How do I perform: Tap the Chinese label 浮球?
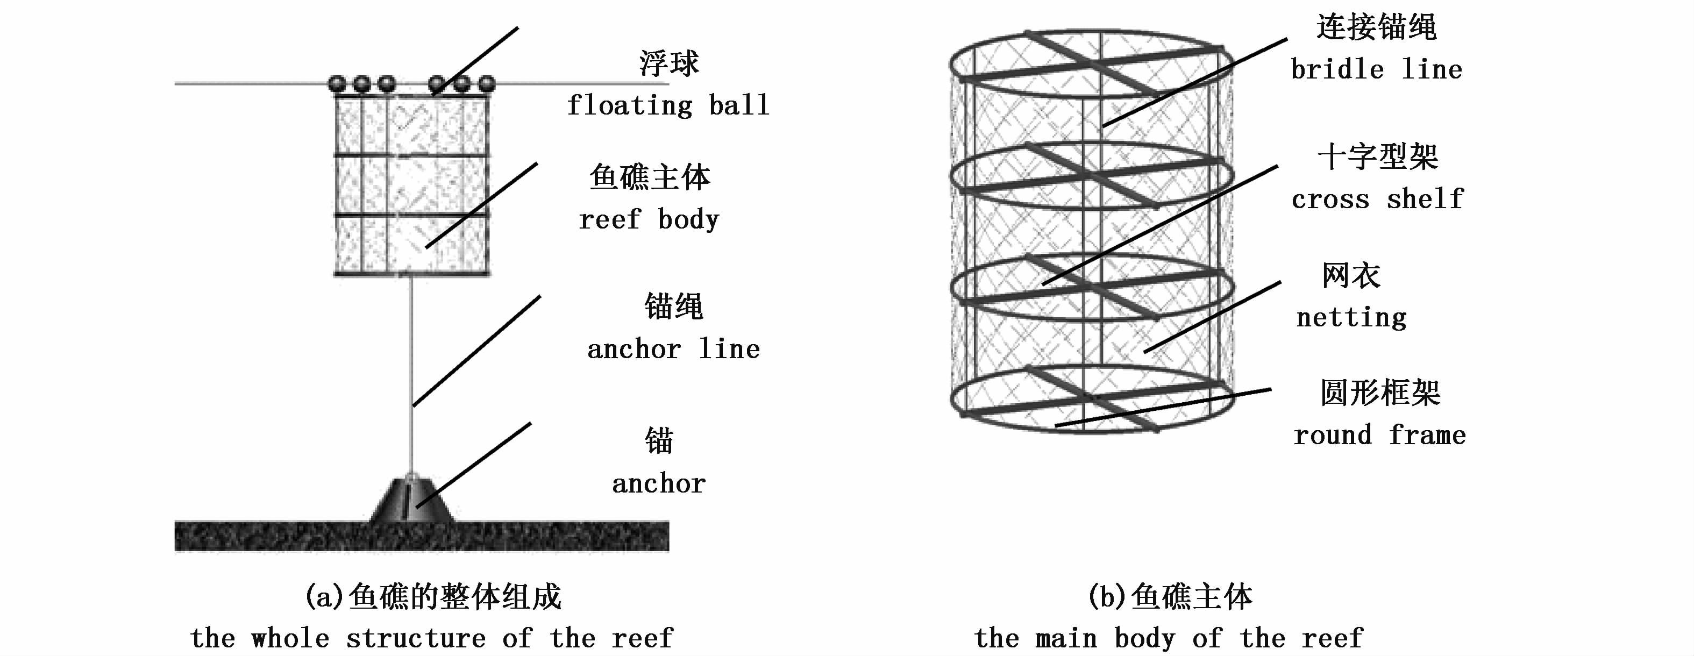[x=669, y=63]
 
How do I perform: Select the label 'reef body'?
[x=649, y=219]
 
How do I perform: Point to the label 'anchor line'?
[x=673, y=349]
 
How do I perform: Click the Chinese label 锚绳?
[x=673, y=306]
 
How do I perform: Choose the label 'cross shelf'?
[x=1377, y=199]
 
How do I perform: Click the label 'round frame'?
[x=1379, y=435]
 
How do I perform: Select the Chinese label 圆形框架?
[x=1380, y=393]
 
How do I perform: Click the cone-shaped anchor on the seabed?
[x=411, y=501]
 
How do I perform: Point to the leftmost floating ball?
[x=337, y=84]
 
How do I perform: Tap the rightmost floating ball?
[x=486, y=84]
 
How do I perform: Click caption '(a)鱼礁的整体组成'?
[x=433, y=597]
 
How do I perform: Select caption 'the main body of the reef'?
[x=1169, y=638]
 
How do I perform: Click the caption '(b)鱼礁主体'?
[x=1170, y=597]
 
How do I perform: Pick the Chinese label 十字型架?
[x=1378, y=157]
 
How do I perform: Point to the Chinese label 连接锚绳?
[x=1376, y=27]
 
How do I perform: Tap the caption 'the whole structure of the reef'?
[x=431, y=638]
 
